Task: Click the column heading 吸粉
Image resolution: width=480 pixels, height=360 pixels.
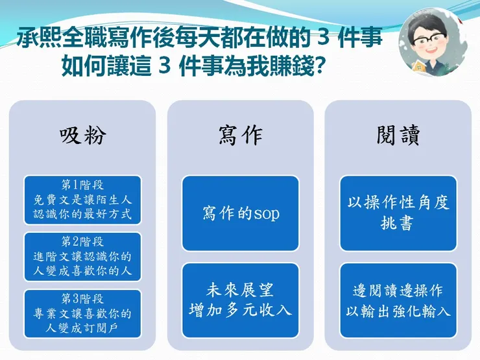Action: click(x=82, y=136)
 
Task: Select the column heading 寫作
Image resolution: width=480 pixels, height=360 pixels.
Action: click(x=240, y=136)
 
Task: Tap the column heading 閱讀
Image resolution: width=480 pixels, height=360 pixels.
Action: click(x=398, y=136)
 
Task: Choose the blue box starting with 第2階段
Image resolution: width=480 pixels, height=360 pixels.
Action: click(x=82, y=256)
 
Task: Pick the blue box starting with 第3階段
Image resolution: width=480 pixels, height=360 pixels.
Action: click(x=82, y=313)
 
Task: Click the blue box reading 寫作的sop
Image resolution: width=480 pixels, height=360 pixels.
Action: click(x=240, y=213)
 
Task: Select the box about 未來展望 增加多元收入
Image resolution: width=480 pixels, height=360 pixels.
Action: click(x=240, y=300)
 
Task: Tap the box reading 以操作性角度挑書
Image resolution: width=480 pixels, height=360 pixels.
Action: click(x=398, y=213)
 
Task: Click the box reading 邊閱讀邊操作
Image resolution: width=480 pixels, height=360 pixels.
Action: click(x=398, y=300)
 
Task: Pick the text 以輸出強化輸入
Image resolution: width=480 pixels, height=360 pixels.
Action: click(x=398, y=311)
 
